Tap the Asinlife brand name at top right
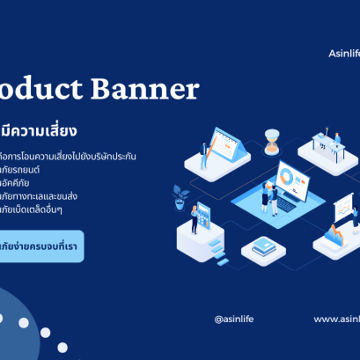tap(338, 54)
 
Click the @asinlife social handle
tap(233, 319)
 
